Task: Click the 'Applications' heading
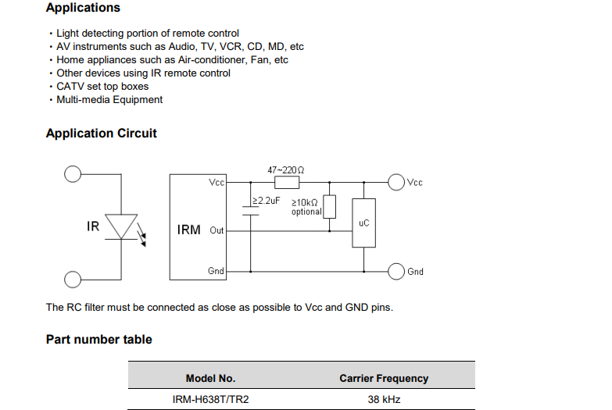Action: [83, 8]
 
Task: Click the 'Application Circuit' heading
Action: [101, 134]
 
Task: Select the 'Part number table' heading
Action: [98, 340]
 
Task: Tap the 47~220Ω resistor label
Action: [286, 169]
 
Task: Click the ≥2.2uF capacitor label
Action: [266, 201]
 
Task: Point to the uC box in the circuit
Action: [363, 223]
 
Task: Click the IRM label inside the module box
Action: [189, 230]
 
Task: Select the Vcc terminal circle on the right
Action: [396, 182]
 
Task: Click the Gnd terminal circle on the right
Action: [396, 271]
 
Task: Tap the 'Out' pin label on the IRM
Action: [217, 230]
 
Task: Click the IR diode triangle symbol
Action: [121, 226]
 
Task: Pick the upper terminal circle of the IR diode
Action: [73, 174]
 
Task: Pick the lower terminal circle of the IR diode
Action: [73, 280]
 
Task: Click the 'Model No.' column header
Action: [210, 379]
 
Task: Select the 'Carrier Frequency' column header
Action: [384, 379]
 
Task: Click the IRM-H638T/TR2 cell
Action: [210, 400]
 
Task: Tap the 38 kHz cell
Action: [384, 400]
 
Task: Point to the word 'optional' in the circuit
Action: [306, 212]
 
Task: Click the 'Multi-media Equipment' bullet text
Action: [109, 99]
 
